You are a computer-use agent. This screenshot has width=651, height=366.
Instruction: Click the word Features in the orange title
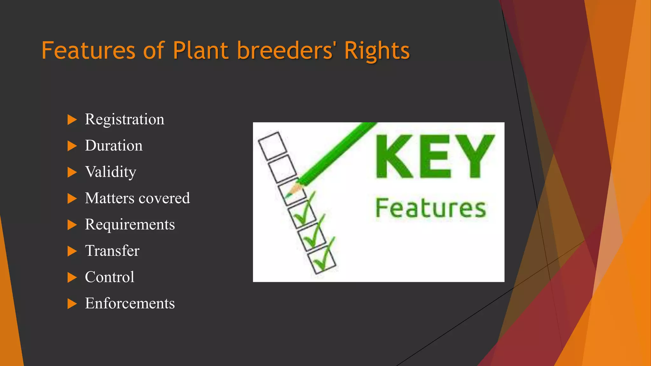[x=88, y=51]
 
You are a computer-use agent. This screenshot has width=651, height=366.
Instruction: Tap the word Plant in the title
[x=201, y=51]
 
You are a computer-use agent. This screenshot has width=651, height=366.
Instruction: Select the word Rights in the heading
[x=377, y=51]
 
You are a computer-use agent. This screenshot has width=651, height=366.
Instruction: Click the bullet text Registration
[x=125, y=120]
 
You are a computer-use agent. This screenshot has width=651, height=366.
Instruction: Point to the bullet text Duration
[x=114, y=146]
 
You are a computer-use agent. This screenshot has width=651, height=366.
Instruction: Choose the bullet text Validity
[x=111, y=172]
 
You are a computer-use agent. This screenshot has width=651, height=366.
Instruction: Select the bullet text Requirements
[x=130, y=225]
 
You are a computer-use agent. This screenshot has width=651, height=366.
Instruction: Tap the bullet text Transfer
[x=112, y=251]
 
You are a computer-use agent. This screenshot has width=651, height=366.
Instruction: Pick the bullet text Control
[x=110, y=277]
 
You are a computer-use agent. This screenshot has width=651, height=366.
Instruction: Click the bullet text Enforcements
[x=130, y=303]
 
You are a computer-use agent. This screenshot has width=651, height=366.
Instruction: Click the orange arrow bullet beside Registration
[x=72, y=120]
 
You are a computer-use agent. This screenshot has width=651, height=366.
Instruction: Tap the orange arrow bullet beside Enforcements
[x=72, y=304]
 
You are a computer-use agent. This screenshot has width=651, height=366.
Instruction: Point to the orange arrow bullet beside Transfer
[x=72, y=251]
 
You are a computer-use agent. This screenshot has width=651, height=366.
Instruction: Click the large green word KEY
[x=435, y=156]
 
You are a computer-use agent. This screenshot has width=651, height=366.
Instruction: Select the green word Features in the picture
[x=431, y=208]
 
